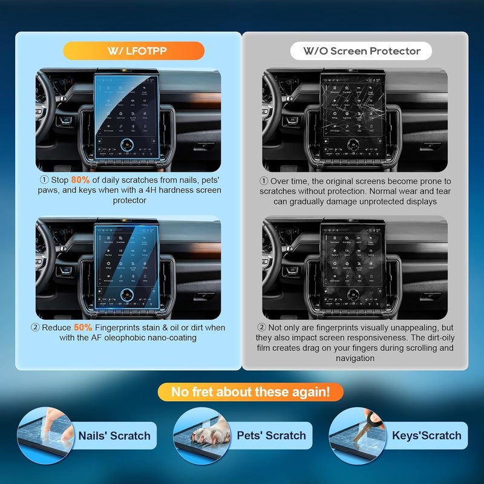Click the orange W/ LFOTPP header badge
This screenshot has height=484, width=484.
pos(134,50)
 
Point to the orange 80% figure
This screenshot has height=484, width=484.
pos(80,180)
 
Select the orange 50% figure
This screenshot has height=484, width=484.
pos(83,327)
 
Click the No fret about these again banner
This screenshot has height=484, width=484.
pos(250,392)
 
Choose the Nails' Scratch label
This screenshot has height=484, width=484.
pos(114,436)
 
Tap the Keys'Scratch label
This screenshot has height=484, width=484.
pos(426,436)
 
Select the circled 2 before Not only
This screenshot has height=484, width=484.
pos(264,327)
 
